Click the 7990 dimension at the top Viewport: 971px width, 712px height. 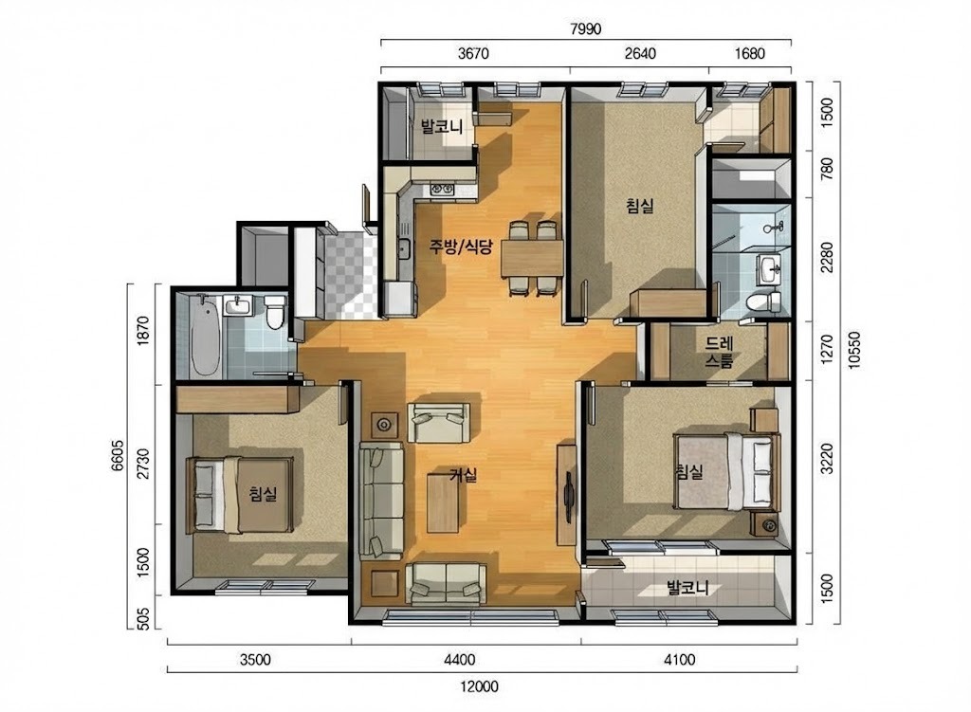(585, 28)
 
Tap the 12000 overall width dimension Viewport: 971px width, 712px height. (479, 686)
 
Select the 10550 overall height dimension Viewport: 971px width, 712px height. (854, 351)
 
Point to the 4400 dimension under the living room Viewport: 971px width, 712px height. (460, 660)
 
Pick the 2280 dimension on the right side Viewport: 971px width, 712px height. (827, 257)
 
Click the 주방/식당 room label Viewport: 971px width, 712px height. (462, 247)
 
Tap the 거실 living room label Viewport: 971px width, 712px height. (463, 476)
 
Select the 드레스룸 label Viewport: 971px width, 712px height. (719, 352)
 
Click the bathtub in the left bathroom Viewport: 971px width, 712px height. (206, 335)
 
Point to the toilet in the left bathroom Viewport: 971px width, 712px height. (274, 311)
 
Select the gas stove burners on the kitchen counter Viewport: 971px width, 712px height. (443, 189)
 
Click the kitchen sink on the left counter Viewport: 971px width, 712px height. (404, 249)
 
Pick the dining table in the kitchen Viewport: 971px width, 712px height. (533, 259)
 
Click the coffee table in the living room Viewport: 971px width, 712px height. (443, 502)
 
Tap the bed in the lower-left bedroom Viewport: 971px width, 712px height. (240, 495)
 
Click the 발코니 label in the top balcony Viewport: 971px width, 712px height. (442, 127)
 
